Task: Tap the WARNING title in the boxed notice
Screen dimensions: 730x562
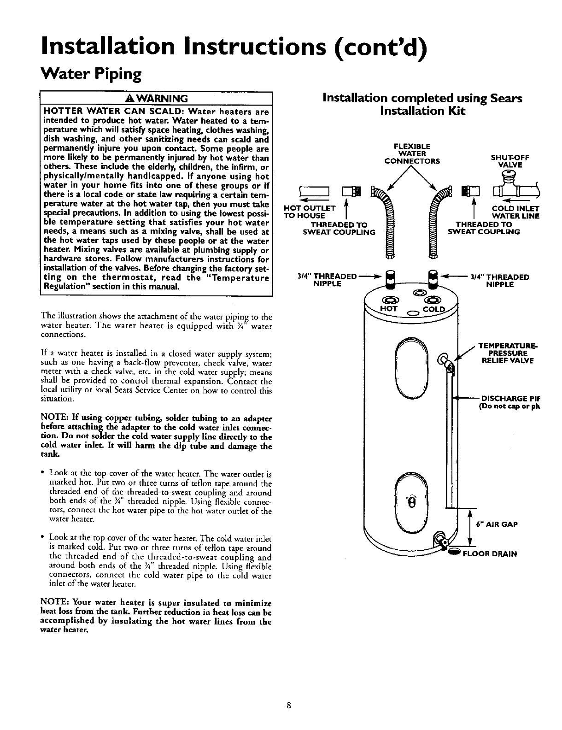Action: (x=157, y=99)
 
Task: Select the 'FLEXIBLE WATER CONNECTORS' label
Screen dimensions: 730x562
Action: (x=412, y=154)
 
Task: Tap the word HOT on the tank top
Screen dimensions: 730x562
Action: (x=388, y=309)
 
